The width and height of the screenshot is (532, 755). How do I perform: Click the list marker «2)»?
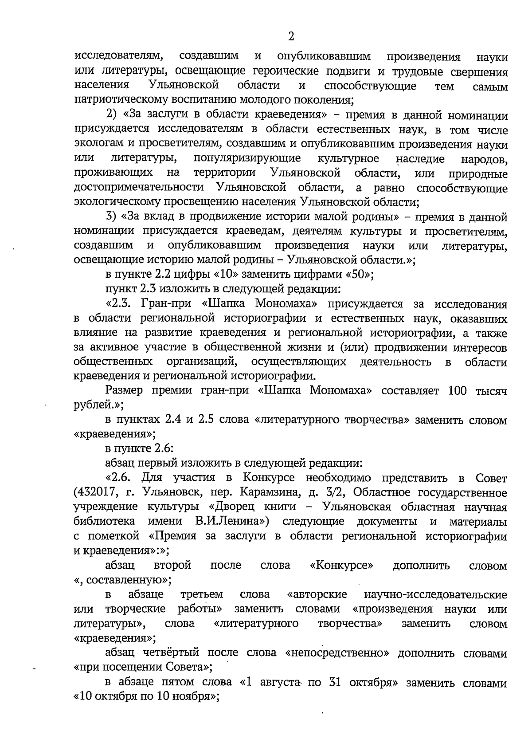(113, 115)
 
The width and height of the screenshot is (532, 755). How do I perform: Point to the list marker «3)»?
(112, 217)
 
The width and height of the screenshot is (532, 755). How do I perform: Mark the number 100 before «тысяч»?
(459, 391)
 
